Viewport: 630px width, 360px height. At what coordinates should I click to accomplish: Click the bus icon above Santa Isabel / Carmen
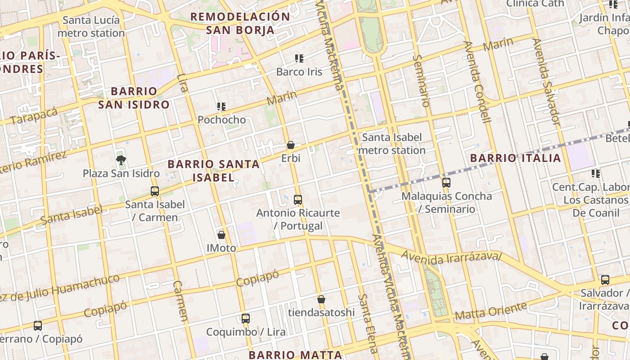tap(155, 191)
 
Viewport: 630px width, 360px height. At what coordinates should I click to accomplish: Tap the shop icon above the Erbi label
tap(291, 145)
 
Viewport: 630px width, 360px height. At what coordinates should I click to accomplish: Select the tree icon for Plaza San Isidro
tap(121, 159)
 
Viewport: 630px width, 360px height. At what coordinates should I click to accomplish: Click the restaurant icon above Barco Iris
tap(299, 58)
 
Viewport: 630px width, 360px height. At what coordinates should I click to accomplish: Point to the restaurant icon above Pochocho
tap(221, 106)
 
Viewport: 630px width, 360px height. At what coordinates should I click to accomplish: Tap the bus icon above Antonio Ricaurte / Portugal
tap(298, 199)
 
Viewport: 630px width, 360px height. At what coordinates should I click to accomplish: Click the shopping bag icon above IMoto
tap(221, 234)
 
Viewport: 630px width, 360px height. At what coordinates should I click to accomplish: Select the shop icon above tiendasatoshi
tap(321, 299)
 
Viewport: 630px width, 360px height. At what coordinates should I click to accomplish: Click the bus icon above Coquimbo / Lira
tap(245, 319)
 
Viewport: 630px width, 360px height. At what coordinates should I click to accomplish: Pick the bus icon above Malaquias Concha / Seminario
tap(446, 182)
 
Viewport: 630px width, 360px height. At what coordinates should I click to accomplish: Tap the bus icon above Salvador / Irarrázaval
tap(605, 279)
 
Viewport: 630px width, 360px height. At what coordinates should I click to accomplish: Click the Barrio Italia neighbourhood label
tap(516, 158)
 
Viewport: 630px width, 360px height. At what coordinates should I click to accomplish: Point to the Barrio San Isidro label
tap(134, 98)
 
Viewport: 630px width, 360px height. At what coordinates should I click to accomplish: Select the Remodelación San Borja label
tap(240, 23)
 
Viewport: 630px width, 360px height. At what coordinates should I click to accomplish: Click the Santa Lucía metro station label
tap(91, 27)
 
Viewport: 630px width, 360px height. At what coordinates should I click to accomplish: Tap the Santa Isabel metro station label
tap(392, 144)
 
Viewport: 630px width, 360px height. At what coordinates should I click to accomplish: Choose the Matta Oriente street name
tap(490, 311)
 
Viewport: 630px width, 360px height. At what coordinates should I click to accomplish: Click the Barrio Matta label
tap(295, 354)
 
